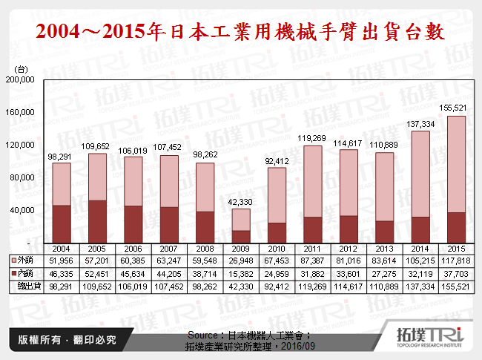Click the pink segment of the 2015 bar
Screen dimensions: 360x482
pyautogui.click(x=456, y=164)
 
